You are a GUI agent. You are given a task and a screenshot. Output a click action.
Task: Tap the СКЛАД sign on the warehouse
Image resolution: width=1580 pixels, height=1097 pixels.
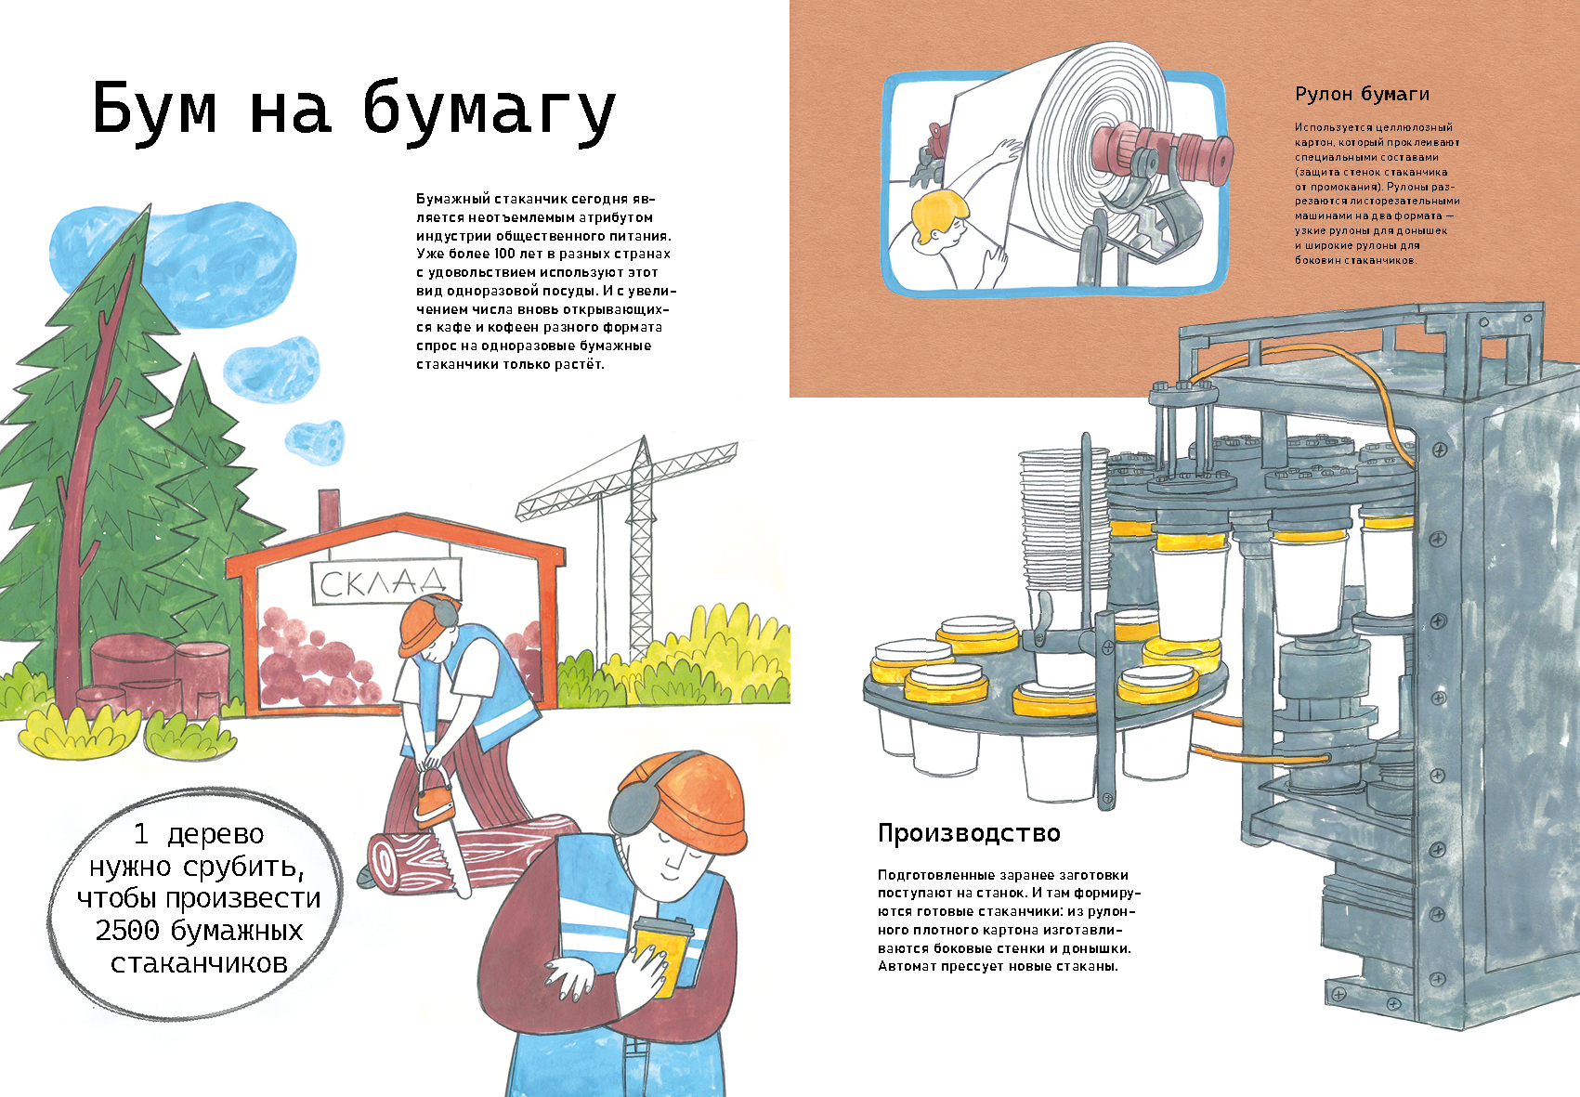(385, 582)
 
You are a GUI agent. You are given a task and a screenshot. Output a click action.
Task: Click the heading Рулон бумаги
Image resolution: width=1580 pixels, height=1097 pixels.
(1362, 94)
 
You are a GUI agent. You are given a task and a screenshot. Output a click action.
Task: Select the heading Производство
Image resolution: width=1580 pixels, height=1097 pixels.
(969, 833)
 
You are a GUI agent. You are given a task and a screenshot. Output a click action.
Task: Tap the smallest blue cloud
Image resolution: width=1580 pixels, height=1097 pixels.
(315, 441)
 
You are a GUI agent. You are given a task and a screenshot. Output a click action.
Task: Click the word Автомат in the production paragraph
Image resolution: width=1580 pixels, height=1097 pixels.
(907, 966)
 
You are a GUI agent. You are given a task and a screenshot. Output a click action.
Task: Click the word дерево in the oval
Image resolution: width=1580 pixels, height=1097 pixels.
(215, 834)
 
